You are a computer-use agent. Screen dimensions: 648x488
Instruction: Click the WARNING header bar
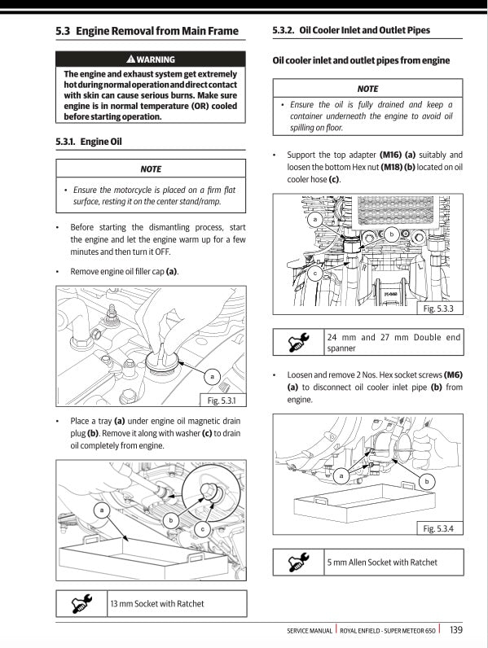[151, 59]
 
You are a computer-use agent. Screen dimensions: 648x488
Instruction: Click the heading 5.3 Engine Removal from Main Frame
[147, 32]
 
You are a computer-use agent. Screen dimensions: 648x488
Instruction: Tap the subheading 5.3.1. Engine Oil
[89, 142]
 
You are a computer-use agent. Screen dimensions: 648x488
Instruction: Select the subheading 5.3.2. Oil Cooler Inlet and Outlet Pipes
[351, 31]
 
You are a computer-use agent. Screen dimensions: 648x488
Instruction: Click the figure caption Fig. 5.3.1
[222, 401]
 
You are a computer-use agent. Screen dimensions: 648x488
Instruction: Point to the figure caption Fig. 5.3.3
[439, 309]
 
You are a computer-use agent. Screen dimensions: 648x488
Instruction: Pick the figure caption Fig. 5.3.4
[439, 529]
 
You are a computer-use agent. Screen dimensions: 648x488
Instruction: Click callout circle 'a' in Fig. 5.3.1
[212, 376]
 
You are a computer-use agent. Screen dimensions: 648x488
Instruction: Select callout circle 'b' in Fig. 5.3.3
[391, 234]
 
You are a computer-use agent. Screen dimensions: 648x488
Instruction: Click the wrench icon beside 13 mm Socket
[81, 603]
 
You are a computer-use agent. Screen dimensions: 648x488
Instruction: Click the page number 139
[456, 629]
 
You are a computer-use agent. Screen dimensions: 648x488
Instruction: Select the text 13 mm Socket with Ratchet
[157, 603]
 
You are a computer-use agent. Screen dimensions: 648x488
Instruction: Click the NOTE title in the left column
[151, 169]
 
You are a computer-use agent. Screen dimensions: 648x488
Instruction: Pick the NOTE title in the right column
[367, 88]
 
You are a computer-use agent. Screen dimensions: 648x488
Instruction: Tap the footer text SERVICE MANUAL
[310, 630]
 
